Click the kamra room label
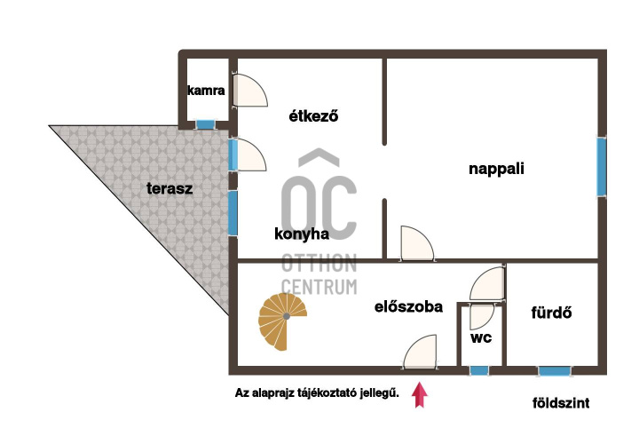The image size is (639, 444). [206, 90]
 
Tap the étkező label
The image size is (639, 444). [313, 116]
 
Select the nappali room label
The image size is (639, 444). [496, 170]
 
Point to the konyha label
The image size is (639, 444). [302, 234]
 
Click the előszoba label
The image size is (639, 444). [408, 306]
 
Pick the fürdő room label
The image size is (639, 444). [551, 313]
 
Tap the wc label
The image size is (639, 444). [481, 337]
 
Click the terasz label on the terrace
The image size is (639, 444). [170, 188]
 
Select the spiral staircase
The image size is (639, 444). [282, 321]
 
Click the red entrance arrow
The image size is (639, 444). [419, 395]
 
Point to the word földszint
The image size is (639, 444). [561, 403]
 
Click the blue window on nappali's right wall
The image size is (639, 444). [602, 167]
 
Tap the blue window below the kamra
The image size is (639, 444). [205, 124]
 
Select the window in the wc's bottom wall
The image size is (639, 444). [479, 370]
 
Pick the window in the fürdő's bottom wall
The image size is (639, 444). [554, 371]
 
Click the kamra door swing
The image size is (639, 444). [250, 90]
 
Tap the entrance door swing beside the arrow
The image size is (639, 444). [420, 352]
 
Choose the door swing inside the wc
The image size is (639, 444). [481, 317]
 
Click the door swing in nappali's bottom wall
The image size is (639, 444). [417, 242]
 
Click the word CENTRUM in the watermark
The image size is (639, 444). [319, 287]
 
